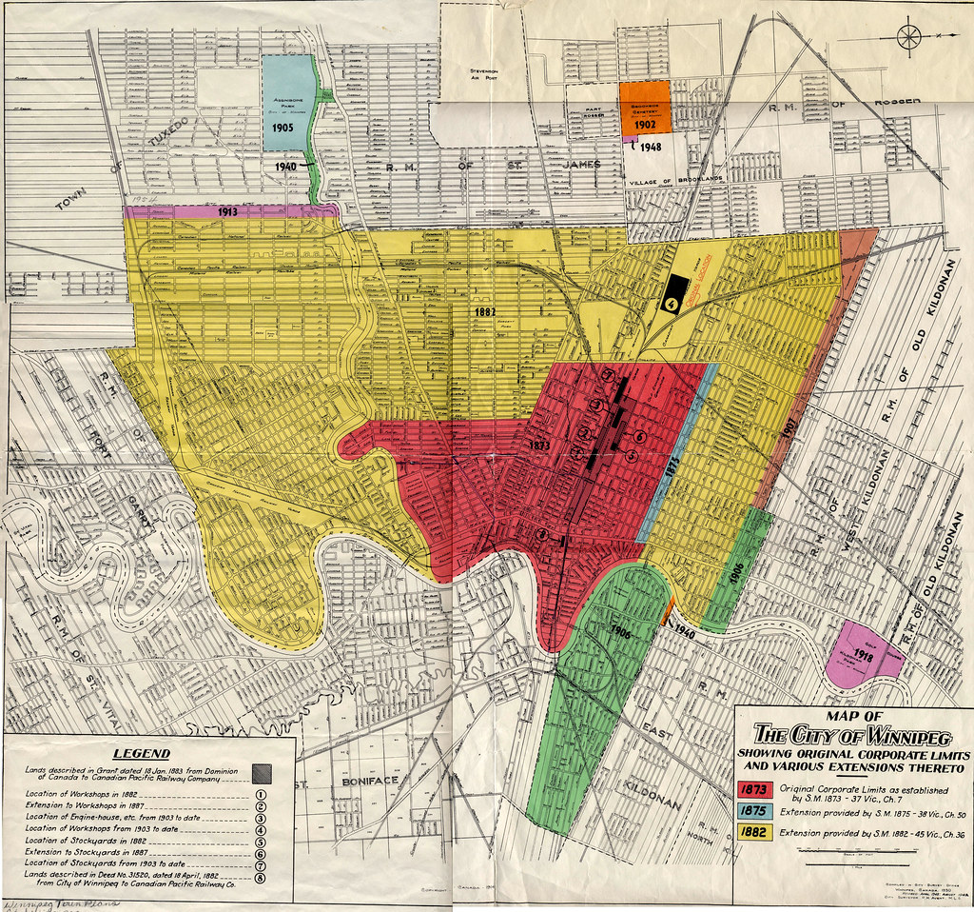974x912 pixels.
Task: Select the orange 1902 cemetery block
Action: click(x=647, y=108)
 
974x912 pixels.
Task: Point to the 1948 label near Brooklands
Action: click(x=650, y=147)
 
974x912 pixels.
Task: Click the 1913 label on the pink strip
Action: click(x=227, y=211)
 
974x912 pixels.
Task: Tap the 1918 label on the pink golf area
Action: click(x=864, y=656)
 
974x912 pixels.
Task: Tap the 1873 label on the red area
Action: click(x=538, y=445)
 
